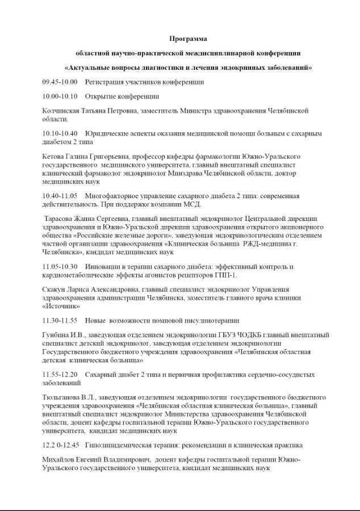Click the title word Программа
(188, 39)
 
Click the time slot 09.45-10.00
(60, 82)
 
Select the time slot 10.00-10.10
(60, 97)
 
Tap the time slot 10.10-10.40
(60, 134)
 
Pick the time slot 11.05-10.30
(60, 266)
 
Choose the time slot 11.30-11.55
(60, 320)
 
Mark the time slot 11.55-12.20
(60, 375)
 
